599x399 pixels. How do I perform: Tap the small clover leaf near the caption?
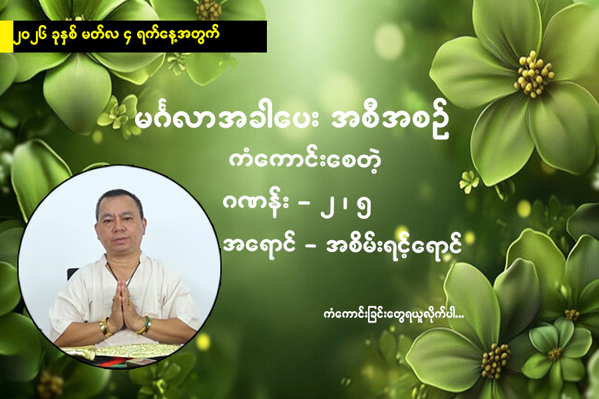(469, 180)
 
